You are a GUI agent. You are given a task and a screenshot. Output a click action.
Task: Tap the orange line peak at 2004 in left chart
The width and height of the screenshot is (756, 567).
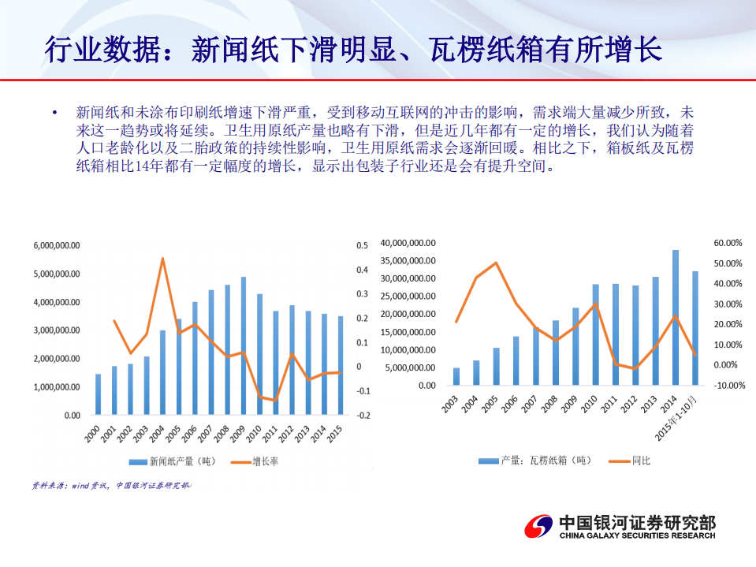click(x=162, y=259)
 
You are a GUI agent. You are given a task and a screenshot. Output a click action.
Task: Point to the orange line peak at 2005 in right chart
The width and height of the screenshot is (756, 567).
click(x=495, y=263)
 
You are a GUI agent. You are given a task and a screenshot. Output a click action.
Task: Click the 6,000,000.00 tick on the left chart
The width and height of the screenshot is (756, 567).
click(x=57, y=246)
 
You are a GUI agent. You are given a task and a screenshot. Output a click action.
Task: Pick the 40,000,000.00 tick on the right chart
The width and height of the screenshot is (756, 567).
click(x=408, y=243)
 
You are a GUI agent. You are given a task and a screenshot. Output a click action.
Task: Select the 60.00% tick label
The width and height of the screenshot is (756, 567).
click(x=729, y=243)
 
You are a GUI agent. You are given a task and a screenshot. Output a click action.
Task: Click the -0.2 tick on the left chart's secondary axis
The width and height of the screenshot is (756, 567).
click(x=362, y=416)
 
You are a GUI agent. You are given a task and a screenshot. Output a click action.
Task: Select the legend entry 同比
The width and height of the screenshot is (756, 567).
click(x=641, y=461)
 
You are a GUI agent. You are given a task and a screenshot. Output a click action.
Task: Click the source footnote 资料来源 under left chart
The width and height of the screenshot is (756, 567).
click(x=110, y=487)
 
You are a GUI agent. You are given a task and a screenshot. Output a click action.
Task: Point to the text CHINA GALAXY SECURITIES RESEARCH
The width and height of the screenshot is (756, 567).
click(x=637, y=536)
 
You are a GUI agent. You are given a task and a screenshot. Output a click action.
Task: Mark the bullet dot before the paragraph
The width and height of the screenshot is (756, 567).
click(x=54, y=114)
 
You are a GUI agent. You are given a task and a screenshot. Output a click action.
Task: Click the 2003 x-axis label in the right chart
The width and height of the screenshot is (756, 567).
click(x=451, y=402)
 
